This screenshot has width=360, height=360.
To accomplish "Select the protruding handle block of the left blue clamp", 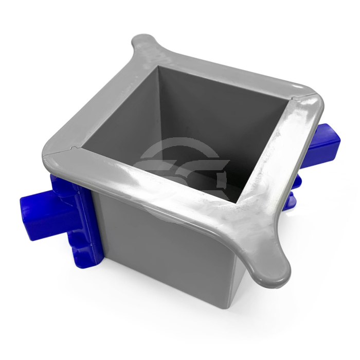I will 39,211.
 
